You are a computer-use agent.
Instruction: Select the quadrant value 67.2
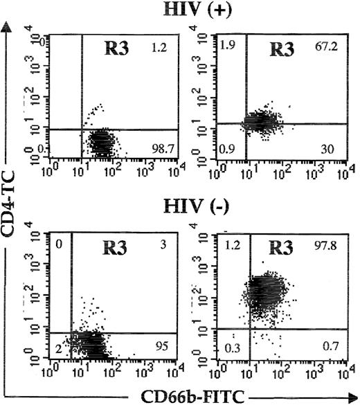pos(322,49)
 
